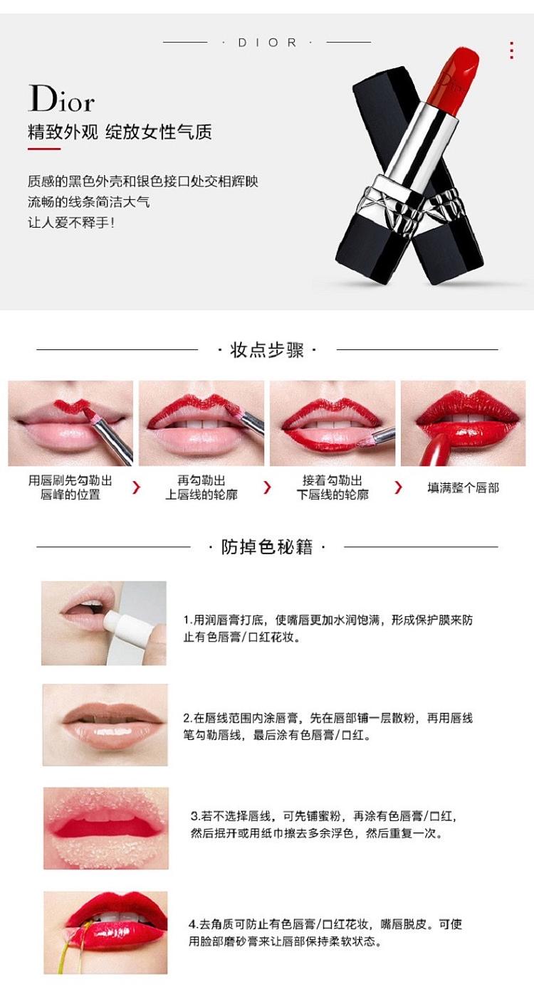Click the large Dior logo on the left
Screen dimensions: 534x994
62,98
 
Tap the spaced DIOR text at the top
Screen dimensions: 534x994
267,43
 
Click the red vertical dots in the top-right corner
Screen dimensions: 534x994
512,50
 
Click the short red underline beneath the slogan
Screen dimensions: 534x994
44,149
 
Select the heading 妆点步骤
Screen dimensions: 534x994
267,350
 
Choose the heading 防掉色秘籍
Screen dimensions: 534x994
267,547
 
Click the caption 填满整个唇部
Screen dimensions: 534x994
463,488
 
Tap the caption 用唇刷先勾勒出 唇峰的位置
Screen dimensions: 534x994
70,487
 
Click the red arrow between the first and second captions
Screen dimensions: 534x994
136,487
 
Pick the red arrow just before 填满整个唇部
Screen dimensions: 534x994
398,487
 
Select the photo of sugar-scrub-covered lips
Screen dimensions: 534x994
106,828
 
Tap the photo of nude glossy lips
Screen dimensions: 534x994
105,724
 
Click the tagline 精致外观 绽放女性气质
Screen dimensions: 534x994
120,132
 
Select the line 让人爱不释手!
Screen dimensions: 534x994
71,222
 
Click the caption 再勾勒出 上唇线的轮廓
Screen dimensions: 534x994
201,487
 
